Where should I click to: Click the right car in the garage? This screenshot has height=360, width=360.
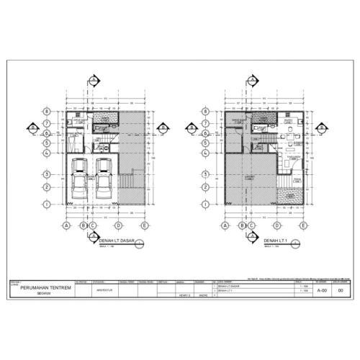(104, 180)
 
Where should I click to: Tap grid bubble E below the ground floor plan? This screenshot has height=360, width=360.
(145, 225)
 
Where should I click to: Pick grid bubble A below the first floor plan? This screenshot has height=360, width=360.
(225, 225)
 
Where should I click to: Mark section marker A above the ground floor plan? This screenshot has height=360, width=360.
(93, 79)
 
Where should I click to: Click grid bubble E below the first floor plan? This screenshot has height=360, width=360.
(306, 225)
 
